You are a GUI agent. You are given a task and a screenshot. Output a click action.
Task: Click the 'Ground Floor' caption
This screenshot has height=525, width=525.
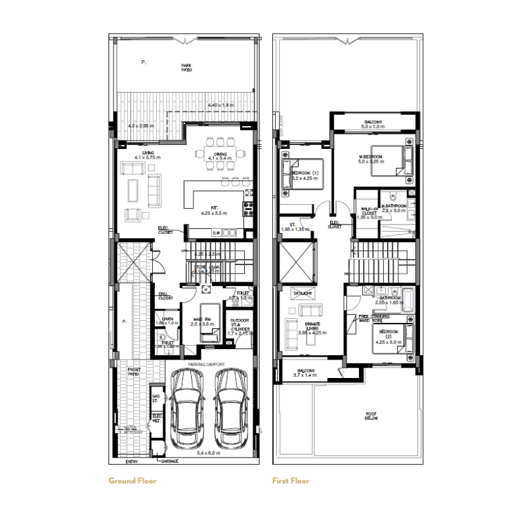133,480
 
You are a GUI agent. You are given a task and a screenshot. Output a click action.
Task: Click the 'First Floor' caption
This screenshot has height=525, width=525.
291,480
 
